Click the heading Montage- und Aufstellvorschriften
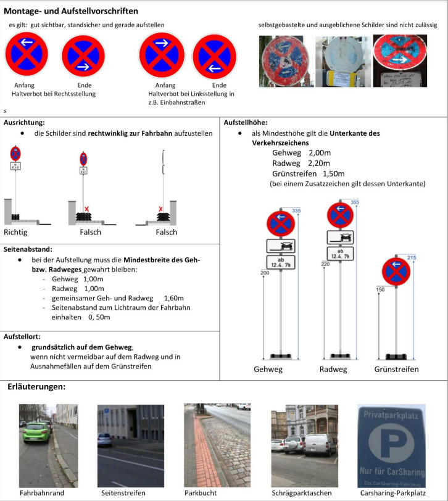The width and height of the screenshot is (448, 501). pyautogui.click(x=71, y=11)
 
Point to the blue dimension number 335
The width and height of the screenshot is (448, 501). pyautogui.click(x=296, y=211)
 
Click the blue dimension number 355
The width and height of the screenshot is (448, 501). pyautogui.click(x=354, y=202)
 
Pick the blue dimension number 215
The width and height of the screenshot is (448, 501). pyautogui.click(x=412, y=257)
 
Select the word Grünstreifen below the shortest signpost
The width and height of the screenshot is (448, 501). pyautogui.click(x=396, y=370)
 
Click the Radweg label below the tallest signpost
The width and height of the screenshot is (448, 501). pyautogui.click(x=333, y=370)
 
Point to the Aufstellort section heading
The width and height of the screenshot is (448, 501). pyautogui.click(x=22, y=337)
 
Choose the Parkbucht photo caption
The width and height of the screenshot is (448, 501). pyautogui.click(x=201, y=493)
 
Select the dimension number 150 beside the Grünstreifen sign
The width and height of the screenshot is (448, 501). pyautogui.click(x=380, y=289)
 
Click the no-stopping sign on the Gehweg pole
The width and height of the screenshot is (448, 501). pyautogui.click(x=281, y=223)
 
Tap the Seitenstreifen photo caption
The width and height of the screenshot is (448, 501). pyautogui.click(x=123, y=493)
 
